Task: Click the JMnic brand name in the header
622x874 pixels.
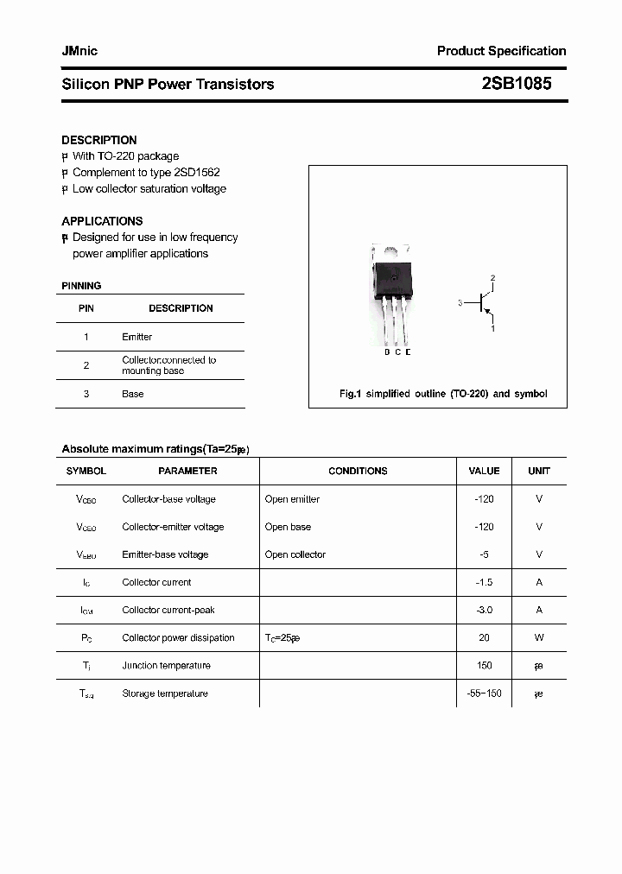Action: tap(79, 51)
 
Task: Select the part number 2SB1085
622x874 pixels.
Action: tap(516, 84)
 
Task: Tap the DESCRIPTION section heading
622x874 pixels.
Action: tap(98, 140)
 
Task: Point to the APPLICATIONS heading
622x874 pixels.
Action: tap(102, 221)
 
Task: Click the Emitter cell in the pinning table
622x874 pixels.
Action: tap(136, 337)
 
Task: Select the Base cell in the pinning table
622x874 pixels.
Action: tap(132, 394)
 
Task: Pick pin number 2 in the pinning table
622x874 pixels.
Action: tap(86, 365)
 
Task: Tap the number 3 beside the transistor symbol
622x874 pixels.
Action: tap(460, 303)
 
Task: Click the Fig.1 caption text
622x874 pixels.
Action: tap(442, 394)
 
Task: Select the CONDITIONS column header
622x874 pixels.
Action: tap(358, 471)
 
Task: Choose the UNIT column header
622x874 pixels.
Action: tap(539, 471)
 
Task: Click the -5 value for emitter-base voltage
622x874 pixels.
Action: tap(484, 554)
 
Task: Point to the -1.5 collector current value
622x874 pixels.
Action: tap(484, 582)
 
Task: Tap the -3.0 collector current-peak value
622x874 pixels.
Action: tap(484, 610)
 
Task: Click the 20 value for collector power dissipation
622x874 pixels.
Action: tap(484, 637)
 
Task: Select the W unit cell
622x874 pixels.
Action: tap(539, 637)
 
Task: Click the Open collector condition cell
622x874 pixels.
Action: tap(295, 554)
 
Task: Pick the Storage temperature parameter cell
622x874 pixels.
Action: tap(165, 693)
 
